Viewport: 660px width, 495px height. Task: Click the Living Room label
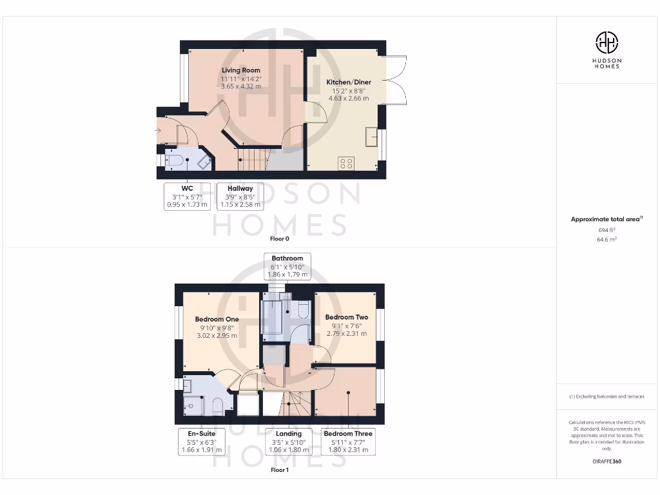241,70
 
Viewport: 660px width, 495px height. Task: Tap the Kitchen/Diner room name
349,82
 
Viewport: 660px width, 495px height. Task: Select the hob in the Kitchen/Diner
346,163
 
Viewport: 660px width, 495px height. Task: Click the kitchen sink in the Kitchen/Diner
371,137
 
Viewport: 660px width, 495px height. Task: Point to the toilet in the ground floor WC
173,161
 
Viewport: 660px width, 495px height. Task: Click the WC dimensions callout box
187,197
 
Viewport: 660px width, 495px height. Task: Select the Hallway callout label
240,197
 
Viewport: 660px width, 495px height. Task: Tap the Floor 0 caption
279,238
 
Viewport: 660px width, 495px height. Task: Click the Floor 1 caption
279,471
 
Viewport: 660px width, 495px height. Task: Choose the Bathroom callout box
287,266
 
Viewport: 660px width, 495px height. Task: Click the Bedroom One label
217,319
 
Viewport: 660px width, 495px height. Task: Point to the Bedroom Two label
347,317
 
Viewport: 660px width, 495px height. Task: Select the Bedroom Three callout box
348,442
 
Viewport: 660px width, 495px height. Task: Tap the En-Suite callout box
202,442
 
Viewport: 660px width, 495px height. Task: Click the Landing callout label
284,442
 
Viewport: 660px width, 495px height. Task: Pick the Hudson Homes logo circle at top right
607,43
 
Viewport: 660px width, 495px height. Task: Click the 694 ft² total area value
607,229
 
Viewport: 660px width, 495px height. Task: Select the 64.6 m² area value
607,239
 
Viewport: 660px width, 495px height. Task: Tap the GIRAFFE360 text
607,461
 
